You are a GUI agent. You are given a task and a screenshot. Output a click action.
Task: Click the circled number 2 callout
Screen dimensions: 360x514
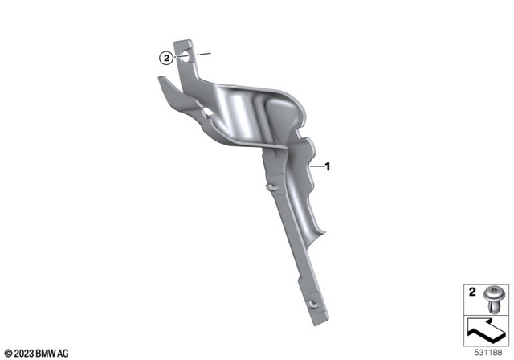coord(165,58)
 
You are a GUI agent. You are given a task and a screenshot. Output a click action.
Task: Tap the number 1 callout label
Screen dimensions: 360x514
coord(328,167)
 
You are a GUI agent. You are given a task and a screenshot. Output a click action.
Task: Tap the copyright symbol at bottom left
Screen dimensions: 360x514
coord(7,353)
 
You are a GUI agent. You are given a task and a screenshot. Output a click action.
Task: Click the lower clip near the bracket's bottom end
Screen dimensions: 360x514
coord(309,305)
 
